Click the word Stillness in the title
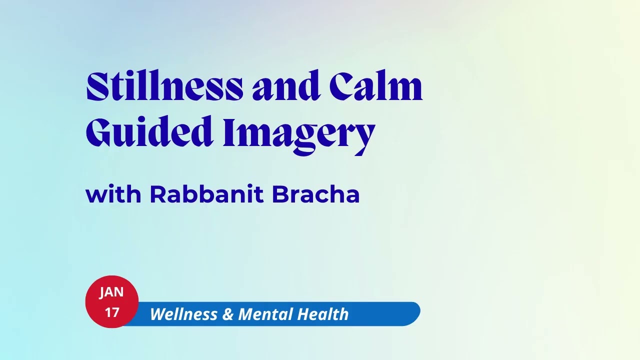(x=164, y=87)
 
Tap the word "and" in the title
(x=285, y=87)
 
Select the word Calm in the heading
(x=376, y=87)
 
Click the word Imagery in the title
(x=298, y=133)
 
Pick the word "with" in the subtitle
(x=113, y=194)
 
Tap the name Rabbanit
(x=206, y=194)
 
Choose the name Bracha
(x=315, y=194)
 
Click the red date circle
(x=112, y=302)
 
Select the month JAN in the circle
(x=111, y=292)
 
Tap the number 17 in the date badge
(x=112, y=312)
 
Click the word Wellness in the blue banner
(x=183, y=314)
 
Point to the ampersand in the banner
(x=227, y=314)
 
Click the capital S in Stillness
(x=97, y=87)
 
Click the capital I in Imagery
(x=229, y=132)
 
